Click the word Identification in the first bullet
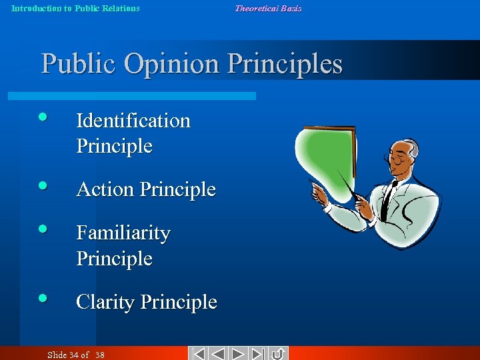coord(133,121)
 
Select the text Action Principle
coord(146,189)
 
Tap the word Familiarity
coord(123,233)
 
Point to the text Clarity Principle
coord(147,302)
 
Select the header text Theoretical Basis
coord(268,9)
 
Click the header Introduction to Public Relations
coord(76,9)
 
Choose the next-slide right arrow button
coord(239,353)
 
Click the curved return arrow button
coord(278,353)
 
